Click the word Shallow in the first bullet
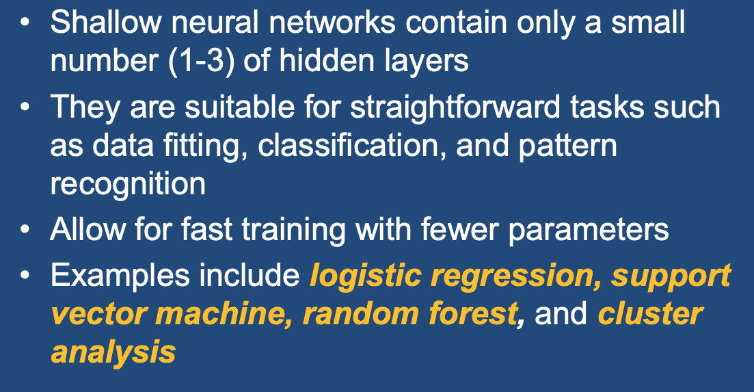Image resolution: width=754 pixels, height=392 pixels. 106,22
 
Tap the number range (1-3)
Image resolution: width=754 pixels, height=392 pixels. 202,61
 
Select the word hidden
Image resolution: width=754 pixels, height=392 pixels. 326,60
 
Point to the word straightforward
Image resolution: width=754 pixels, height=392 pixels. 455,107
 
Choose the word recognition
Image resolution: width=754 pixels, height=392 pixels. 128,184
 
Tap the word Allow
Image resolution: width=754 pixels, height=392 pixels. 88,228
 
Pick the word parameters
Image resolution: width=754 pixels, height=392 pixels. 589,230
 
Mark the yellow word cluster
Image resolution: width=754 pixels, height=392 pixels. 650,313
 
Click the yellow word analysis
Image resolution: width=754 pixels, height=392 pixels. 113,352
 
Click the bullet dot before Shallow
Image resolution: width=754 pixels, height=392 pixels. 25,23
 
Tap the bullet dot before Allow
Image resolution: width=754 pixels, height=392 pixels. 25,229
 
